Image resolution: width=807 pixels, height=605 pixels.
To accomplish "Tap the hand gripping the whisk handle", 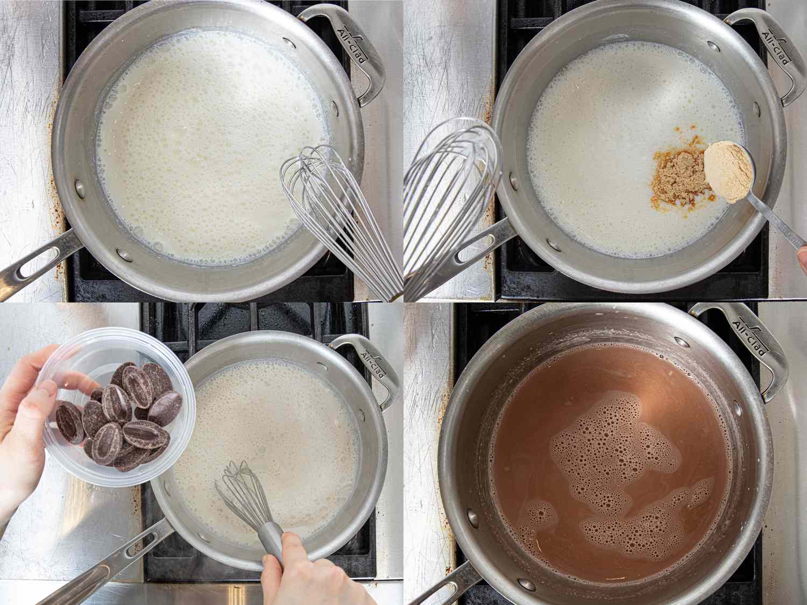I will tap(301, 570).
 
